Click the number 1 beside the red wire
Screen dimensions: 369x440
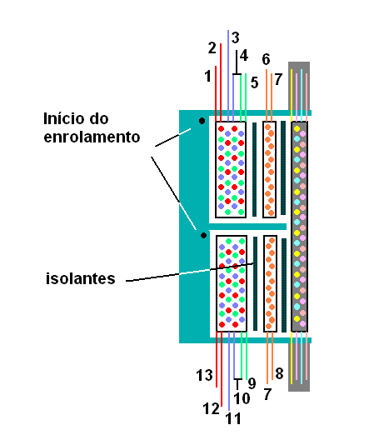(207, 76)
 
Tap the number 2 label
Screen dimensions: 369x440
(212, 48)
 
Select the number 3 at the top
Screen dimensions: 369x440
(235, 37)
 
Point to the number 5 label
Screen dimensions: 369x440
(254, 82)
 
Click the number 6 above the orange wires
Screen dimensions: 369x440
(266, 59)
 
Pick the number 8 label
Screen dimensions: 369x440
(279, 373)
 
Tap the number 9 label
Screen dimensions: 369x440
(252, 383)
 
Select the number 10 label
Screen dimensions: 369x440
(242, 398)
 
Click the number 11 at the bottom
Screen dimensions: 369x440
(233, 418)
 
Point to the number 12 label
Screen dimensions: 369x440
(211, 408)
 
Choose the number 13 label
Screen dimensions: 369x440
(204, 375)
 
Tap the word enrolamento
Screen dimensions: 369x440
(92, 137)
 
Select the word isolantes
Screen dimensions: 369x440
(81, 278)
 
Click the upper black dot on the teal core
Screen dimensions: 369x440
(202, 121)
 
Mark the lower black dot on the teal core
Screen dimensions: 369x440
(203, 235)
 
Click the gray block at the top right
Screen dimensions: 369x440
(299, 86)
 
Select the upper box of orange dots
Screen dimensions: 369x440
(269, 169)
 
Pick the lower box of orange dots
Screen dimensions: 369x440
(271, 283)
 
